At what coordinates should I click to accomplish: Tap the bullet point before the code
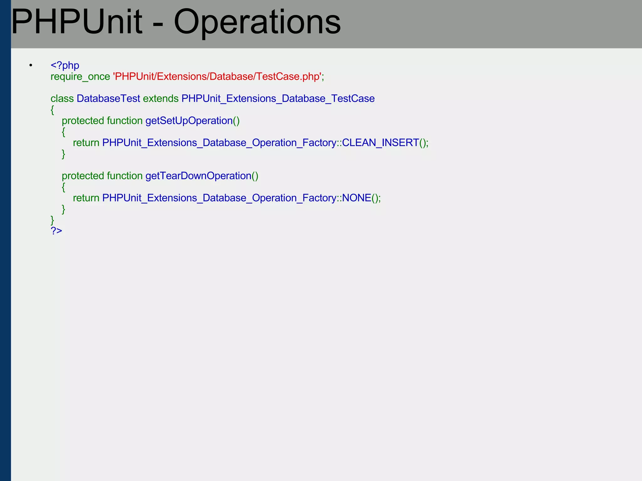(31, 65)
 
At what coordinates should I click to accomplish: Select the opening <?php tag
(65, 65)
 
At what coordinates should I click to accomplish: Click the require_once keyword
(80, 76)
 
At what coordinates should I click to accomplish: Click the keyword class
(62, 99)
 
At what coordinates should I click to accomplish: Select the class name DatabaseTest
(108, 99)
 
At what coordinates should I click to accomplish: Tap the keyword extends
(161, 99)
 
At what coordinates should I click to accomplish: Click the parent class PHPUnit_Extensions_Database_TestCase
(278, 99)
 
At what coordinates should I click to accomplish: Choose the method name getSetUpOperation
(189, 121)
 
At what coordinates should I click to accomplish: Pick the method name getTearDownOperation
(198, 176)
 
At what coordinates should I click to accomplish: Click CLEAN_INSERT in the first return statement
(380, 143)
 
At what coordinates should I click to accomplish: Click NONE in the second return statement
(356, 198)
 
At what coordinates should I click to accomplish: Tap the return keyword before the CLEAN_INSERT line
(86, 143)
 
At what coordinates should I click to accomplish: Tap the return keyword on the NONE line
(86, 198)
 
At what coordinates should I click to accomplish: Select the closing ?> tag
(56, 231)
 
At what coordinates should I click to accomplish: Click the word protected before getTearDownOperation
(83, 176)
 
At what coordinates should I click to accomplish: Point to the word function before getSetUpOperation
(124, 121)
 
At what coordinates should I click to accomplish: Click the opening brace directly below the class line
(52, 110)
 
